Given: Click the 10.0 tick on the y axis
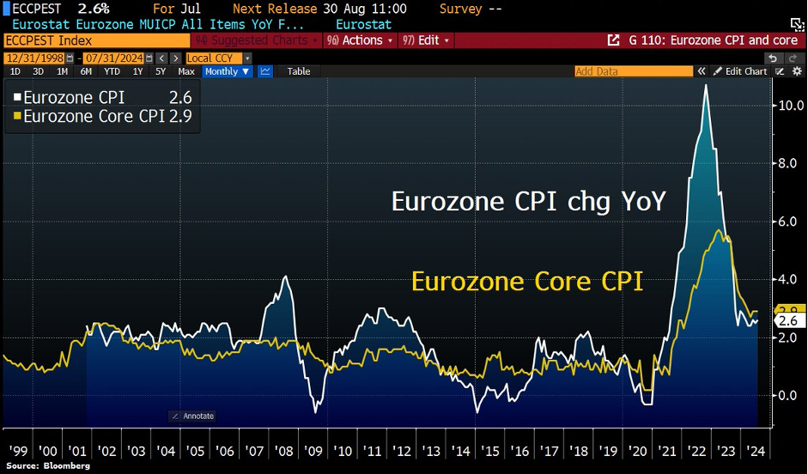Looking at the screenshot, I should pyautogui.click(x=791, y=106).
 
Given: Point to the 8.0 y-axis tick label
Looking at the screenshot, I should pyautogui.click(x=789, y=163).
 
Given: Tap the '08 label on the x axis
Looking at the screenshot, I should pyautogui.click(x=283, y=451).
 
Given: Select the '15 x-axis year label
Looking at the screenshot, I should pyautogui.click(x=489, y=451).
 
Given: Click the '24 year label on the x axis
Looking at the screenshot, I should pyautogui.click(x=756, y=451).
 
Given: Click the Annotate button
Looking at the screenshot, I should pyautogui.click(x=192, y=416).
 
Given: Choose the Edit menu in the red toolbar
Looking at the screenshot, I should pyautogui.click(x=426, y=40).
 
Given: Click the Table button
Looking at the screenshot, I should pyautogui.click(x=299, y=71).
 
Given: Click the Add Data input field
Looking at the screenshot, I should pyautogui.click(x=631, y=71).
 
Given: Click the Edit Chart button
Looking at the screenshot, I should pyautogui.click(x=741, y=71).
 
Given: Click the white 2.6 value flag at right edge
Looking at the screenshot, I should pyautogui.click(x=787, y=320).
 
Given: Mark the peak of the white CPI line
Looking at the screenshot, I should pyautogui.click(x=706, y=85).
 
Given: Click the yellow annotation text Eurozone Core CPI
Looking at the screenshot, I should pyautogui.click(x=526, y=282).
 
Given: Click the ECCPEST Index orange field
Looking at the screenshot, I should pyautogui.click(x=94, y=40).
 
